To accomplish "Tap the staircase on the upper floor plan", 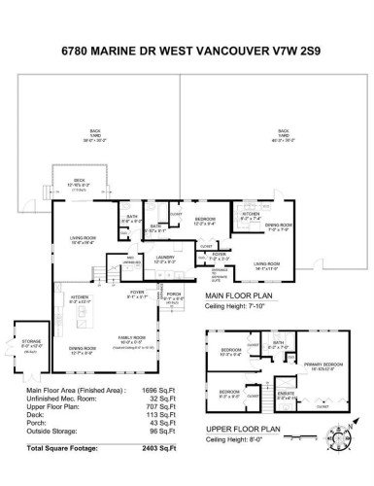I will pos(255,397).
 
